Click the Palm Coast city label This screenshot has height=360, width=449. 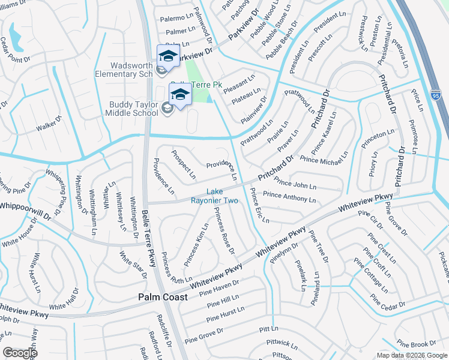163,297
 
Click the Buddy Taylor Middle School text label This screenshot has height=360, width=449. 133,109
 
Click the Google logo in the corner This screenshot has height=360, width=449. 20,353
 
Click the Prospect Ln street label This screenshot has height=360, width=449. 183,164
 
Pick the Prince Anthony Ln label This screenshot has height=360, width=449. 289,196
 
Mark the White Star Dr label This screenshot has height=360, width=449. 133,265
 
